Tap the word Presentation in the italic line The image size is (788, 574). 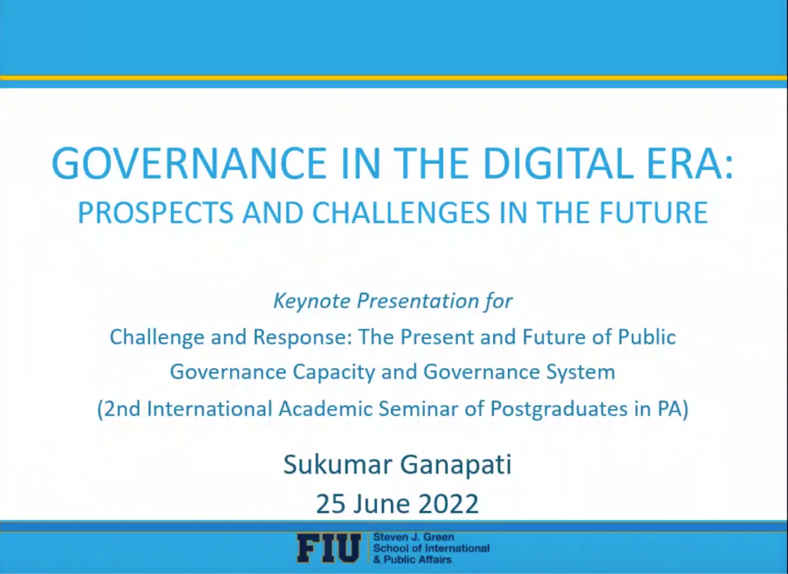pyautogui.click(x=417, y=301)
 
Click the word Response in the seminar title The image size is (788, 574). pyautogui.click(x=302, y=338)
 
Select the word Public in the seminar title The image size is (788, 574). pyautogui.click(x=647, y=337)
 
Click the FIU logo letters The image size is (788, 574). pyautogui.click(x=329, y=548)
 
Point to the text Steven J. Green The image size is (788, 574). pyautogui.click(x=414, y=537)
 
